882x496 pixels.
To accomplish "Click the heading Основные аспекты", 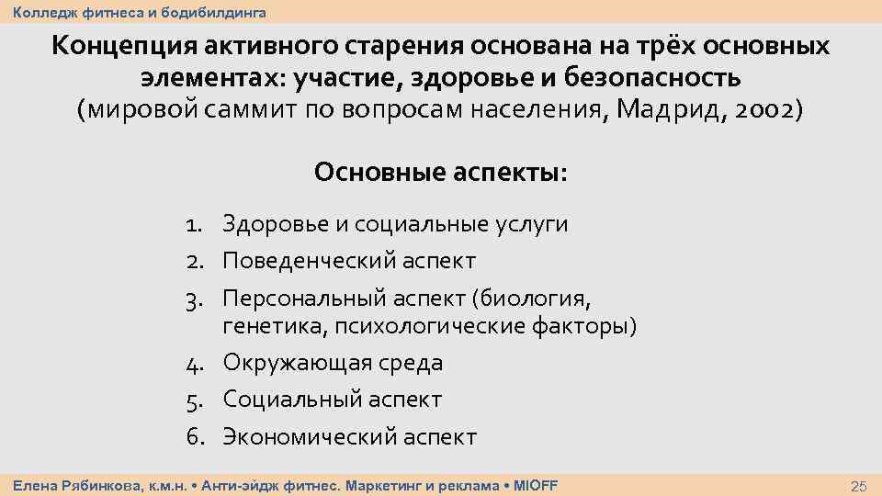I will coord(441,172).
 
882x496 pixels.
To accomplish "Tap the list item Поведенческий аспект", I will coord(349,261).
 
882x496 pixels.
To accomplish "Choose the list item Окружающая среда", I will coord(333,363).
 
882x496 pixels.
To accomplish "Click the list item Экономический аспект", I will coord(350,436).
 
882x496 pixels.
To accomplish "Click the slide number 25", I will coord(860,486).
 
